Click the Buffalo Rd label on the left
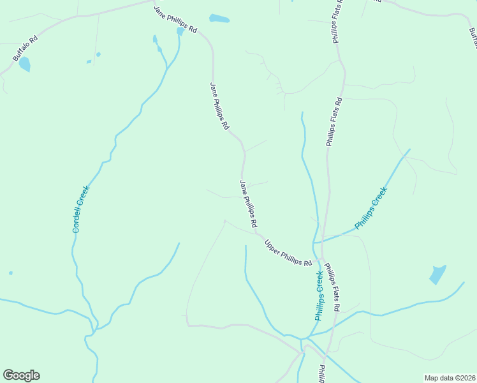(26, 48)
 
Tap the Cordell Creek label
(80, 209)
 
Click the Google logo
(21, 375)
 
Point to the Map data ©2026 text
(449, 378)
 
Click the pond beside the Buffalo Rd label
(25, 64)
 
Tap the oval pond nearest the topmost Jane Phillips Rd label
(219, 19)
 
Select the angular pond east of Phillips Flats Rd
(437, 274)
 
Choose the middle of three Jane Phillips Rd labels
(219, 106)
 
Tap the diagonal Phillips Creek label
(371, 208)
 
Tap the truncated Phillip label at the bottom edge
(322, 373)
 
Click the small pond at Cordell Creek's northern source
(180, 31)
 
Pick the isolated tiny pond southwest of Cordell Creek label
(11, 273)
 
